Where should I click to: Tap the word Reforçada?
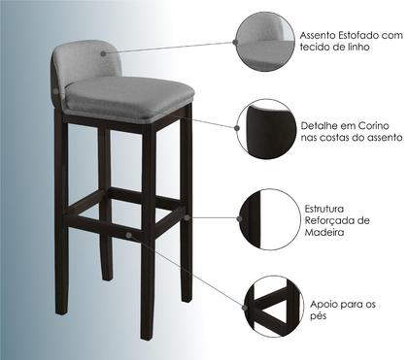[330, 220]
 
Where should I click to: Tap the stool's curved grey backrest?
[85, 60]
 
